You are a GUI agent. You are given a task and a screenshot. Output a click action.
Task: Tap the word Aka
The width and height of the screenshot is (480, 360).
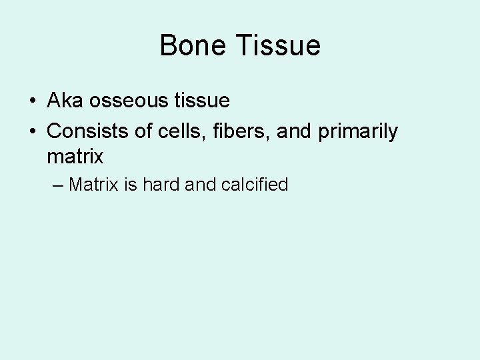[62, 101]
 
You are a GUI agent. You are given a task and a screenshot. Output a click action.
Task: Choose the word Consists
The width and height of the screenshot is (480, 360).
[88, 131]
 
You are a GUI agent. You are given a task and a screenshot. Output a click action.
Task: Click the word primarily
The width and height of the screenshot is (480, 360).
[358, 131]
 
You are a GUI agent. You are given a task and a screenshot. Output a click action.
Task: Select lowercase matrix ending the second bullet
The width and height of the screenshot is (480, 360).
[75, 157]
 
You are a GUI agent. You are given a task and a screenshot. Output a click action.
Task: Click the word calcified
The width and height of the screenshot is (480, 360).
[254, 184]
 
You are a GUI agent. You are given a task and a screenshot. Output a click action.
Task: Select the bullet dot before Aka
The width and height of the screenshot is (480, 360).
[32, 101]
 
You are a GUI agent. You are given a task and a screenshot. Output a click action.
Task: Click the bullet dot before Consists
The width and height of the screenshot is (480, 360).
[32, 132]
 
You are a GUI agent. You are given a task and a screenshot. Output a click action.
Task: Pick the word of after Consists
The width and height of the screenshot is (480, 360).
[143, 131]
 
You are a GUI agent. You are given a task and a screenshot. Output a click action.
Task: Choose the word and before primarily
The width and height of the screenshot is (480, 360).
[294, 131]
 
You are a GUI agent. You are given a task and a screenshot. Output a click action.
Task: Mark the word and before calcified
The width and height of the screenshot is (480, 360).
[201, 184]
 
